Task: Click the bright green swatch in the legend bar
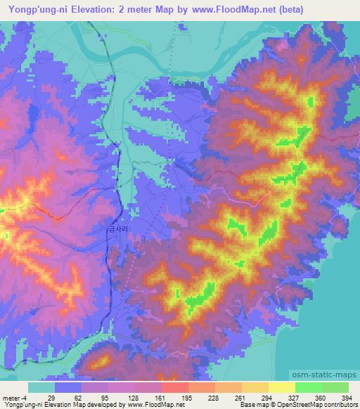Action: point(308,387)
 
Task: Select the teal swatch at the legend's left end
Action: point(41,387)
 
